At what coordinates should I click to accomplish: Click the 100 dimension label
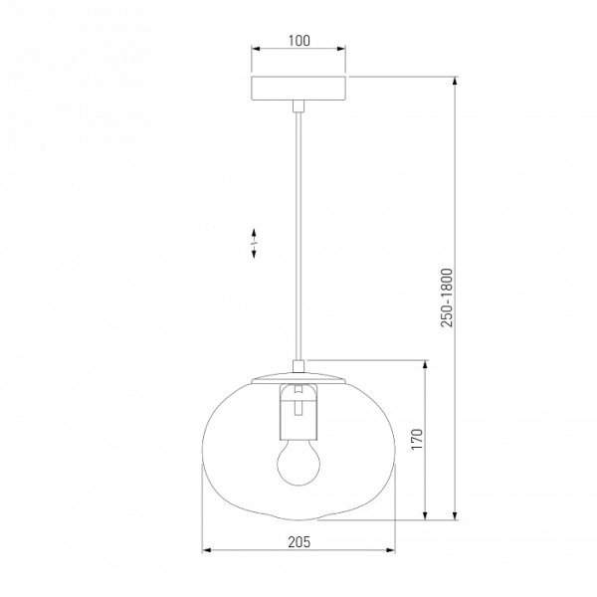(299, 41)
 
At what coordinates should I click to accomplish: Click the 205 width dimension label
(298, 542)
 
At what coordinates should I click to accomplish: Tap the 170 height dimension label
(417, 439)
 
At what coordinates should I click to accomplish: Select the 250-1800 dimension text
(447, 298)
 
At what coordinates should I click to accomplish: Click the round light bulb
(298, 463)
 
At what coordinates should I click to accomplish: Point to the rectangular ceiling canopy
(298, 89)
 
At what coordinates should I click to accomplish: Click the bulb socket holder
(298, 412)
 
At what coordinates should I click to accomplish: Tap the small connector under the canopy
(298, 106)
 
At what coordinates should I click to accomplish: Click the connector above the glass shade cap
(298, 366)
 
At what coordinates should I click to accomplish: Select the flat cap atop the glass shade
(298, 378)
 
